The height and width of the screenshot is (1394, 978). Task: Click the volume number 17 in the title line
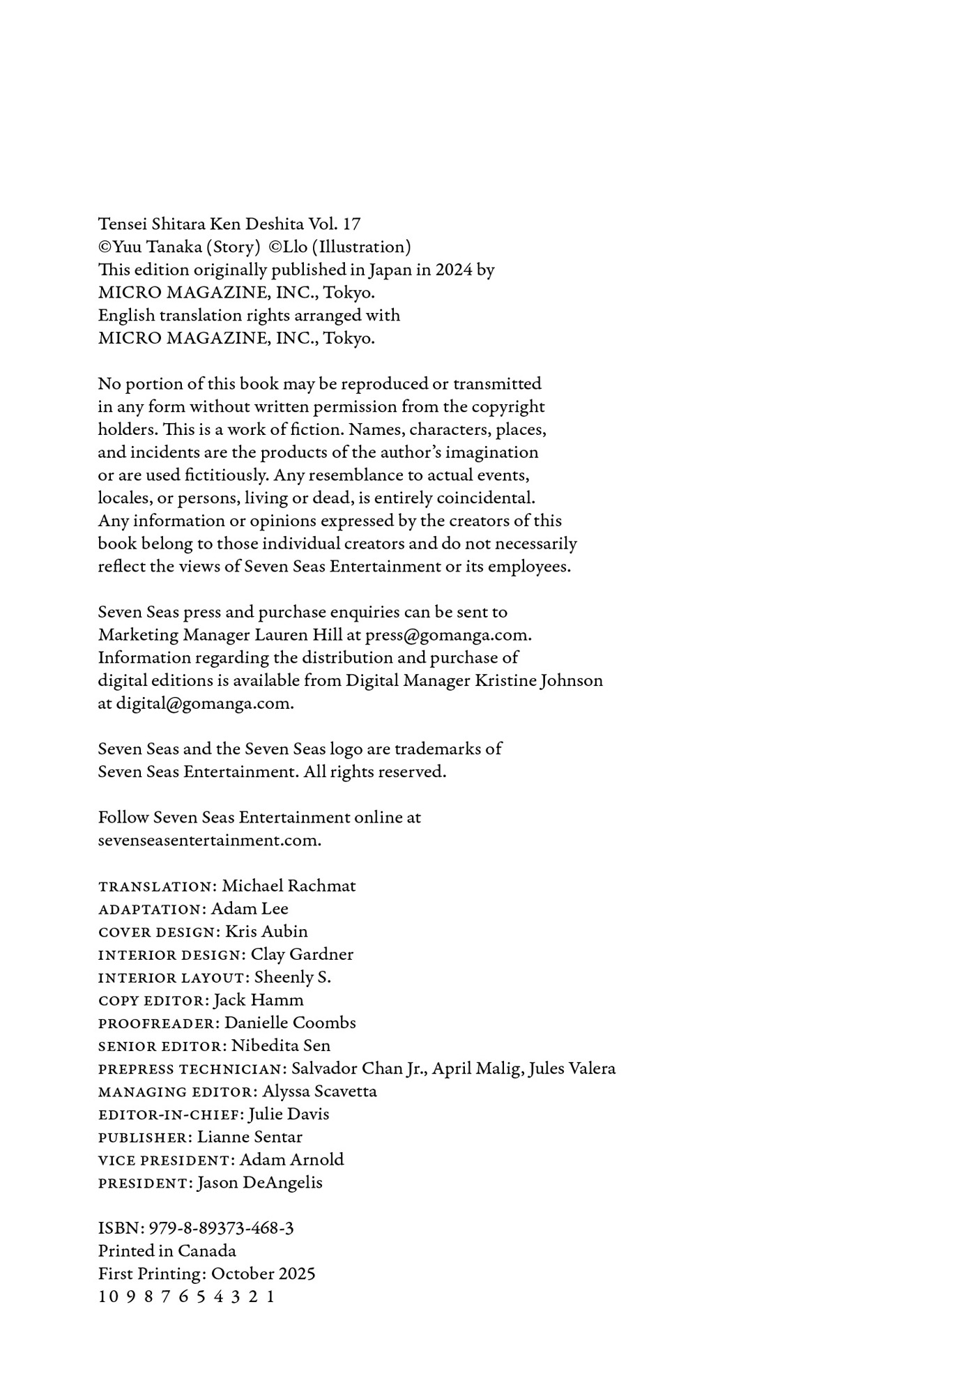click(x=351, y=224)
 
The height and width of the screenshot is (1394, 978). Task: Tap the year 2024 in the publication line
click(x=454, y=270)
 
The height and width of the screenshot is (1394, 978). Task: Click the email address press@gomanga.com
click(x=448, y=635)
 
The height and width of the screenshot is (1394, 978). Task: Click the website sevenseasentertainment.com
click(x=209, y=841)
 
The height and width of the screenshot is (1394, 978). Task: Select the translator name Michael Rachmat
click(x=289, y=886)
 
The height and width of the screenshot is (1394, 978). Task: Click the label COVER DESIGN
click(x=158, y=933)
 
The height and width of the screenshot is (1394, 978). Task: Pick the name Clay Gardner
click(x=302, y=955)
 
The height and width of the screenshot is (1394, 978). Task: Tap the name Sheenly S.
click(x=292, y=978)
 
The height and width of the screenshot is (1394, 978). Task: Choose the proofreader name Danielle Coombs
click(x=290, y=1023)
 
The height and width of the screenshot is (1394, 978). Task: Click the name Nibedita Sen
click(x=281, y=1046)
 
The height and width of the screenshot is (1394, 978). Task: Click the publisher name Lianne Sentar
click(x=250, y=1138)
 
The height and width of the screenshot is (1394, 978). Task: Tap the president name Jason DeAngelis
click(x=259, y=1184)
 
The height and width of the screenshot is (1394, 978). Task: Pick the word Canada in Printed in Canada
click(x=206, y=1252)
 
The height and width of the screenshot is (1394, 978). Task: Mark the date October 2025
click(x=263, y=1274)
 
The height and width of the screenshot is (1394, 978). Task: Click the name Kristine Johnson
click(x=539, y=680)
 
